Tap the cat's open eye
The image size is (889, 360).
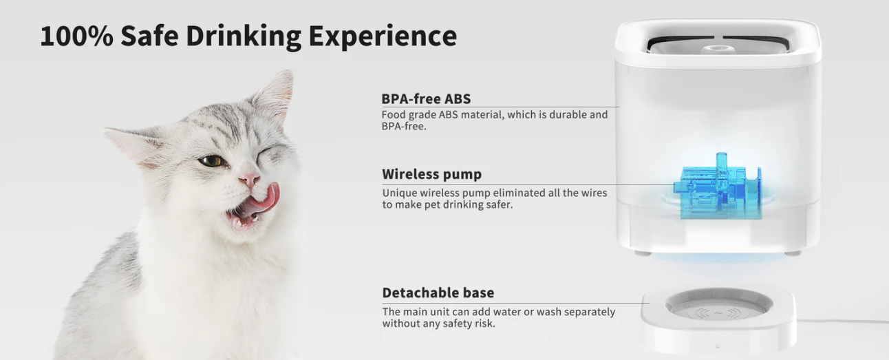click(x=211, y=161)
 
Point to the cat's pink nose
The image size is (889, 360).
click(x=250, y=180)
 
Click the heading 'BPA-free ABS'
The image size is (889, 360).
click(x=426, y=99)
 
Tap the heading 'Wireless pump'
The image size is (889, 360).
click(x=432, y=174)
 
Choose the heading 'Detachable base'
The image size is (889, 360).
click(x=438, y=293)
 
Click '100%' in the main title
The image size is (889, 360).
click(x=76, y=36)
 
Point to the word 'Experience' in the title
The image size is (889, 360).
click(x=383, y=36)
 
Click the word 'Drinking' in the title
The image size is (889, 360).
click(x=244, y=36)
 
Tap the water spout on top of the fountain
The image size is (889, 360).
click(x=718, y=50)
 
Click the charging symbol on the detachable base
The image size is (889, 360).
click(x=718, y=314)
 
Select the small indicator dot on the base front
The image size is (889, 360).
click(x=718, y=346)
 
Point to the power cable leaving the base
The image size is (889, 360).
click(x=842, y=321)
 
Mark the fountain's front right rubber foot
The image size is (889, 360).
click(x=793, y=253)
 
